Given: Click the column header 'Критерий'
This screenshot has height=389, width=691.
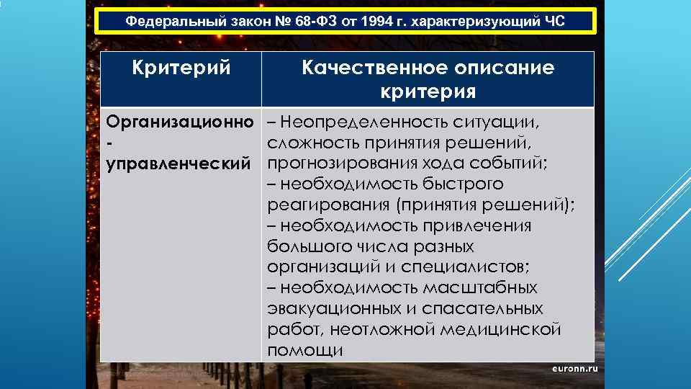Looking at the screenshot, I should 181,69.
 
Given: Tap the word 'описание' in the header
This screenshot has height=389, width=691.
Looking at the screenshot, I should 505,69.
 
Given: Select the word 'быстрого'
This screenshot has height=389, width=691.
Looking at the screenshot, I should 464,184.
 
